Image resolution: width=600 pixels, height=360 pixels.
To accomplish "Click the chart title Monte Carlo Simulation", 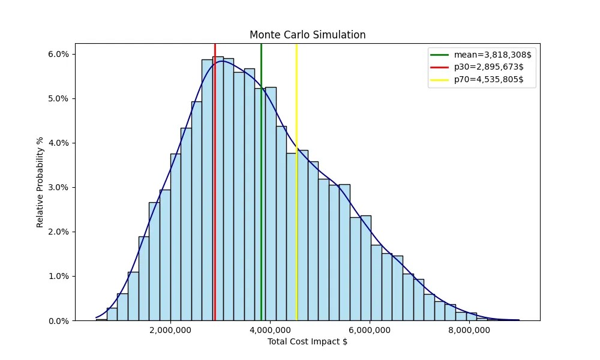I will click(x=307, y=35).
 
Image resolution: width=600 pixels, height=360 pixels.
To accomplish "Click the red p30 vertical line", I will click(x=215, y=180).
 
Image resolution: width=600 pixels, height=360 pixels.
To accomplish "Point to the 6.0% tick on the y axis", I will click(x=58, y=54).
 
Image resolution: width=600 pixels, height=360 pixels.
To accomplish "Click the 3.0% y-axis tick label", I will click(x=58, y=187).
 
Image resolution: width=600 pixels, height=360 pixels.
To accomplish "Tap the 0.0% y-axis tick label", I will click(x=58, y=321).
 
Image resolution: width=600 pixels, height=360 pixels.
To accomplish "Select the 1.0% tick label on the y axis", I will click(x=58, y=277).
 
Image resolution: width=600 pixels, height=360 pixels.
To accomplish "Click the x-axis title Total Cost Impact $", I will click(x=307, y=342).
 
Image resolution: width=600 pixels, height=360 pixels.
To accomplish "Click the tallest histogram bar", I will click(x=218, y=192).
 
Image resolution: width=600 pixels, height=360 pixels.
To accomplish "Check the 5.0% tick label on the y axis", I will click(x=58, y=98).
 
